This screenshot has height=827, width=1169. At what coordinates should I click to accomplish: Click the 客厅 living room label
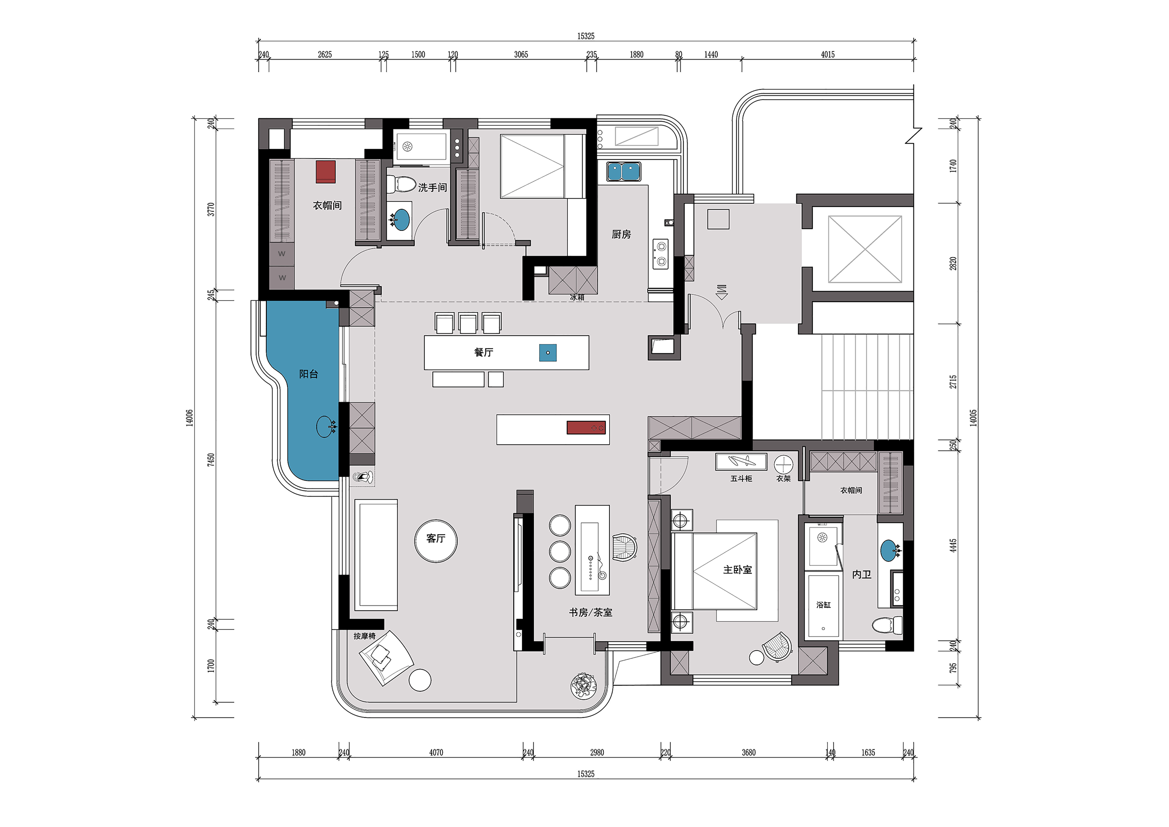(x=436, y=539)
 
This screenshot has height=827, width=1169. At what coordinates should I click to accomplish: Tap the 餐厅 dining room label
(x=484, y=352)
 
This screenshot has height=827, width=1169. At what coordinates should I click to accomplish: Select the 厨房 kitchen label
(x=621, y=234)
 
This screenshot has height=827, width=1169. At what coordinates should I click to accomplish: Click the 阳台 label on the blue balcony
(x=309, y=374)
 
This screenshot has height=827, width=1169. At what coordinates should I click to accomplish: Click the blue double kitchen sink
(x=623, y=172)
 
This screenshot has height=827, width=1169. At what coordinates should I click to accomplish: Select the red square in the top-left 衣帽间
(x=326, y=172)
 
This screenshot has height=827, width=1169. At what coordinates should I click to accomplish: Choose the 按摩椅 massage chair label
(x=365, y=636)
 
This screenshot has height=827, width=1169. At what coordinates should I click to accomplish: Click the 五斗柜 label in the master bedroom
(x=741, y=479)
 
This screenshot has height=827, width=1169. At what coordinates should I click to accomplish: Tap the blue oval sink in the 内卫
(x=888, y=551)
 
